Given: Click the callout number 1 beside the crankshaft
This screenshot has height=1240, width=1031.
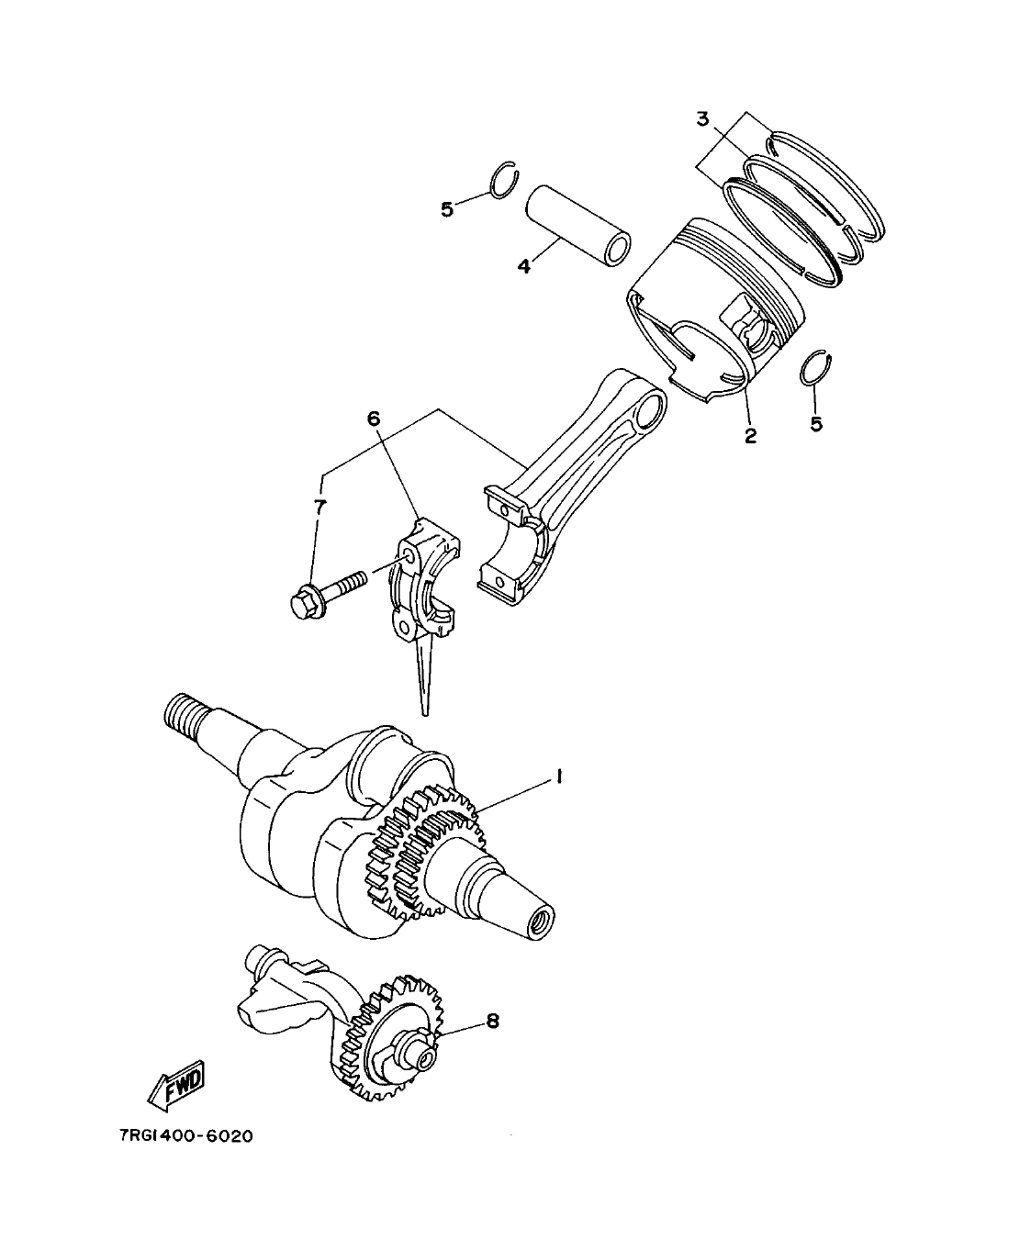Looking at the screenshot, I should (556, 777).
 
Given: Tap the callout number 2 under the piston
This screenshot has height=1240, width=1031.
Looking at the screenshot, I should (750, 435).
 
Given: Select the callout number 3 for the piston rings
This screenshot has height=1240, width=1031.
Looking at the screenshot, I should (701, 118).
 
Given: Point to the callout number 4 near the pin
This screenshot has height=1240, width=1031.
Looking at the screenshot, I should (523, 266).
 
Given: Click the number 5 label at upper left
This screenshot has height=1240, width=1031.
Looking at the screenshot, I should (447, 209).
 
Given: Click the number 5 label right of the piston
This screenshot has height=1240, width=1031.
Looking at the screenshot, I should (816, 423).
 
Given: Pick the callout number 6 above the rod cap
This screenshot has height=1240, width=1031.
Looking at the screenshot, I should (373, 419).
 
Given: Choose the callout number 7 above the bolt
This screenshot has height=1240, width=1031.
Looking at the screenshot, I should (319, 506).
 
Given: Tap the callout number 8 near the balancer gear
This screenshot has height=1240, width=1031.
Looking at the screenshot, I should (492, 1021).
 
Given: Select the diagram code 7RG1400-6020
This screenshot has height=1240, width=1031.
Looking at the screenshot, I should (185, 1135).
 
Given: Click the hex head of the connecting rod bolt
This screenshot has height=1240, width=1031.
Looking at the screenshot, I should (303, 605).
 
